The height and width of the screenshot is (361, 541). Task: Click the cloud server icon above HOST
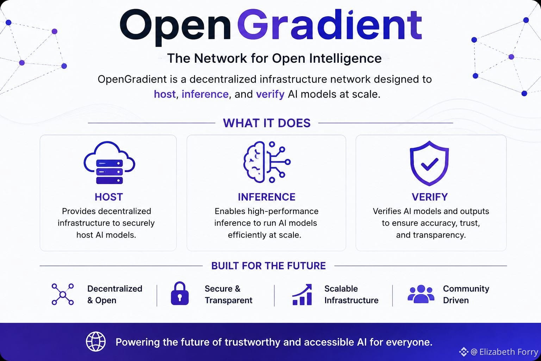(109, 163)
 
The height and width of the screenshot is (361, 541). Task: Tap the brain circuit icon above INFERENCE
(267, 162)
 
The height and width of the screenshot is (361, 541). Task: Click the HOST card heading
(109, 197)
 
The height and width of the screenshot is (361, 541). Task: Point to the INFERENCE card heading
(266, 197)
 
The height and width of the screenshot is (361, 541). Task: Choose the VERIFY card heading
(430, 197)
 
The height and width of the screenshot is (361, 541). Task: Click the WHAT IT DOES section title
(267, 123)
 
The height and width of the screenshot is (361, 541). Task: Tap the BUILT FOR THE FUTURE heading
(268, 266)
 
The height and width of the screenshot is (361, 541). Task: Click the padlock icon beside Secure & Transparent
(180, 293)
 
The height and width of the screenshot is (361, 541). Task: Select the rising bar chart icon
(302, 294)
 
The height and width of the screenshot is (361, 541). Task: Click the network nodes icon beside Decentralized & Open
(63, 294)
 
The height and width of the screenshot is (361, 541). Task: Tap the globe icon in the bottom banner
(96, 342)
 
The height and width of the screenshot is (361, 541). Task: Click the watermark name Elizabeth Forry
(509, 352)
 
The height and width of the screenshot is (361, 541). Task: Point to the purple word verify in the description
(270, 94)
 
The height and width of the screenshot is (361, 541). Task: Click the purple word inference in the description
(205, 94)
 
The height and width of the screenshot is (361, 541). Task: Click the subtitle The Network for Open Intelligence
(274, 59)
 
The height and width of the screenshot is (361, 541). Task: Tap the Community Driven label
(466, 294)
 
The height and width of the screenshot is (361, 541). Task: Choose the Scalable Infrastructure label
(351, 294)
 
